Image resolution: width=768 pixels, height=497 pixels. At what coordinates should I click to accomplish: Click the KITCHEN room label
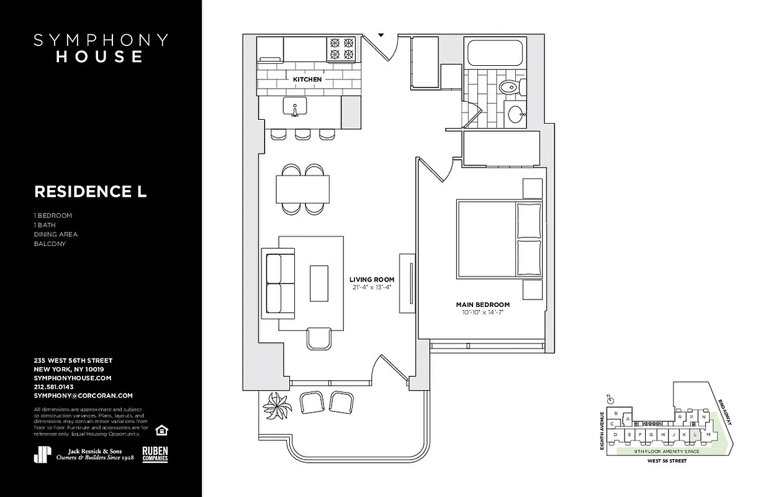tap(307, 80)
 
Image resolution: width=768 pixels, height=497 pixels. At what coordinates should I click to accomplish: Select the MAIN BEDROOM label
tap(482, 304)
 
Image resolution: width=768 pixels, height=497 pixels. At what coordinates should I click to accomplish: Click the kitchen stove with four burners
tap(342, 49)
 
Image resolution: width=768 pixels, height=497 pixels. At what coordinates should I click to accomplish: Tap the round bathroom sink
tap(515, 114)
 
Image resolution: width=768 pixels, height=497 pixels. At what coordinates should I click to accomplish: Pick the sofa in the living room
tap(279, 283)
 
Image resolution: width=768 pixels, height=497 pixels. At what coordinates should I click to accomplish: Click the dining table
tap(302, 189)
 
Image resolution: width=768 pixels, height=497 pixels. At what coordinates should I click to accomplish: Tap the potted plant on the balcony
tap(277, 407)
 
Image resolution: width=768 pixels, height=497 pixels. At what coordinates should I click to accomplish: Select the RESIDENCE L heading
tap(90, 191)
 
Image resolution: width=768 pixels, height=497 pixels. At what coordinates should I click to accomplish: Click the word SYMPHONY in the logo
tap(101, 40)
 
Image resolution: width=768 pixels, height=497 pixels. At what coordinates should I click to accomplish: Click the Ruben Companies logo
tap(155, 454)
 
